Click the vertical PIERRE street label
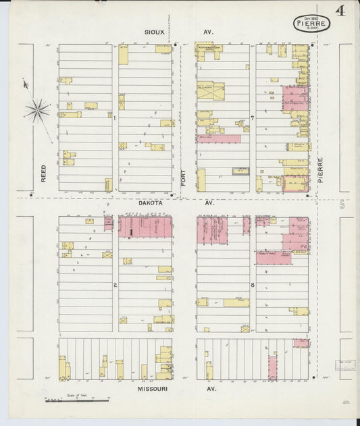click(320, 169)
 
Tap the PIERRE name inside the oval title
click(311, 22)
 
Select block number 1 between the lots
click(115, 116)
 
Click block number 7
click(252, 118)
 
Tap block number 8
click(252, 285)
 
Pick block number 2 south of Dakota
click(115, 285)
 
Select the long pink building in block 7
click(218, 138)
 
